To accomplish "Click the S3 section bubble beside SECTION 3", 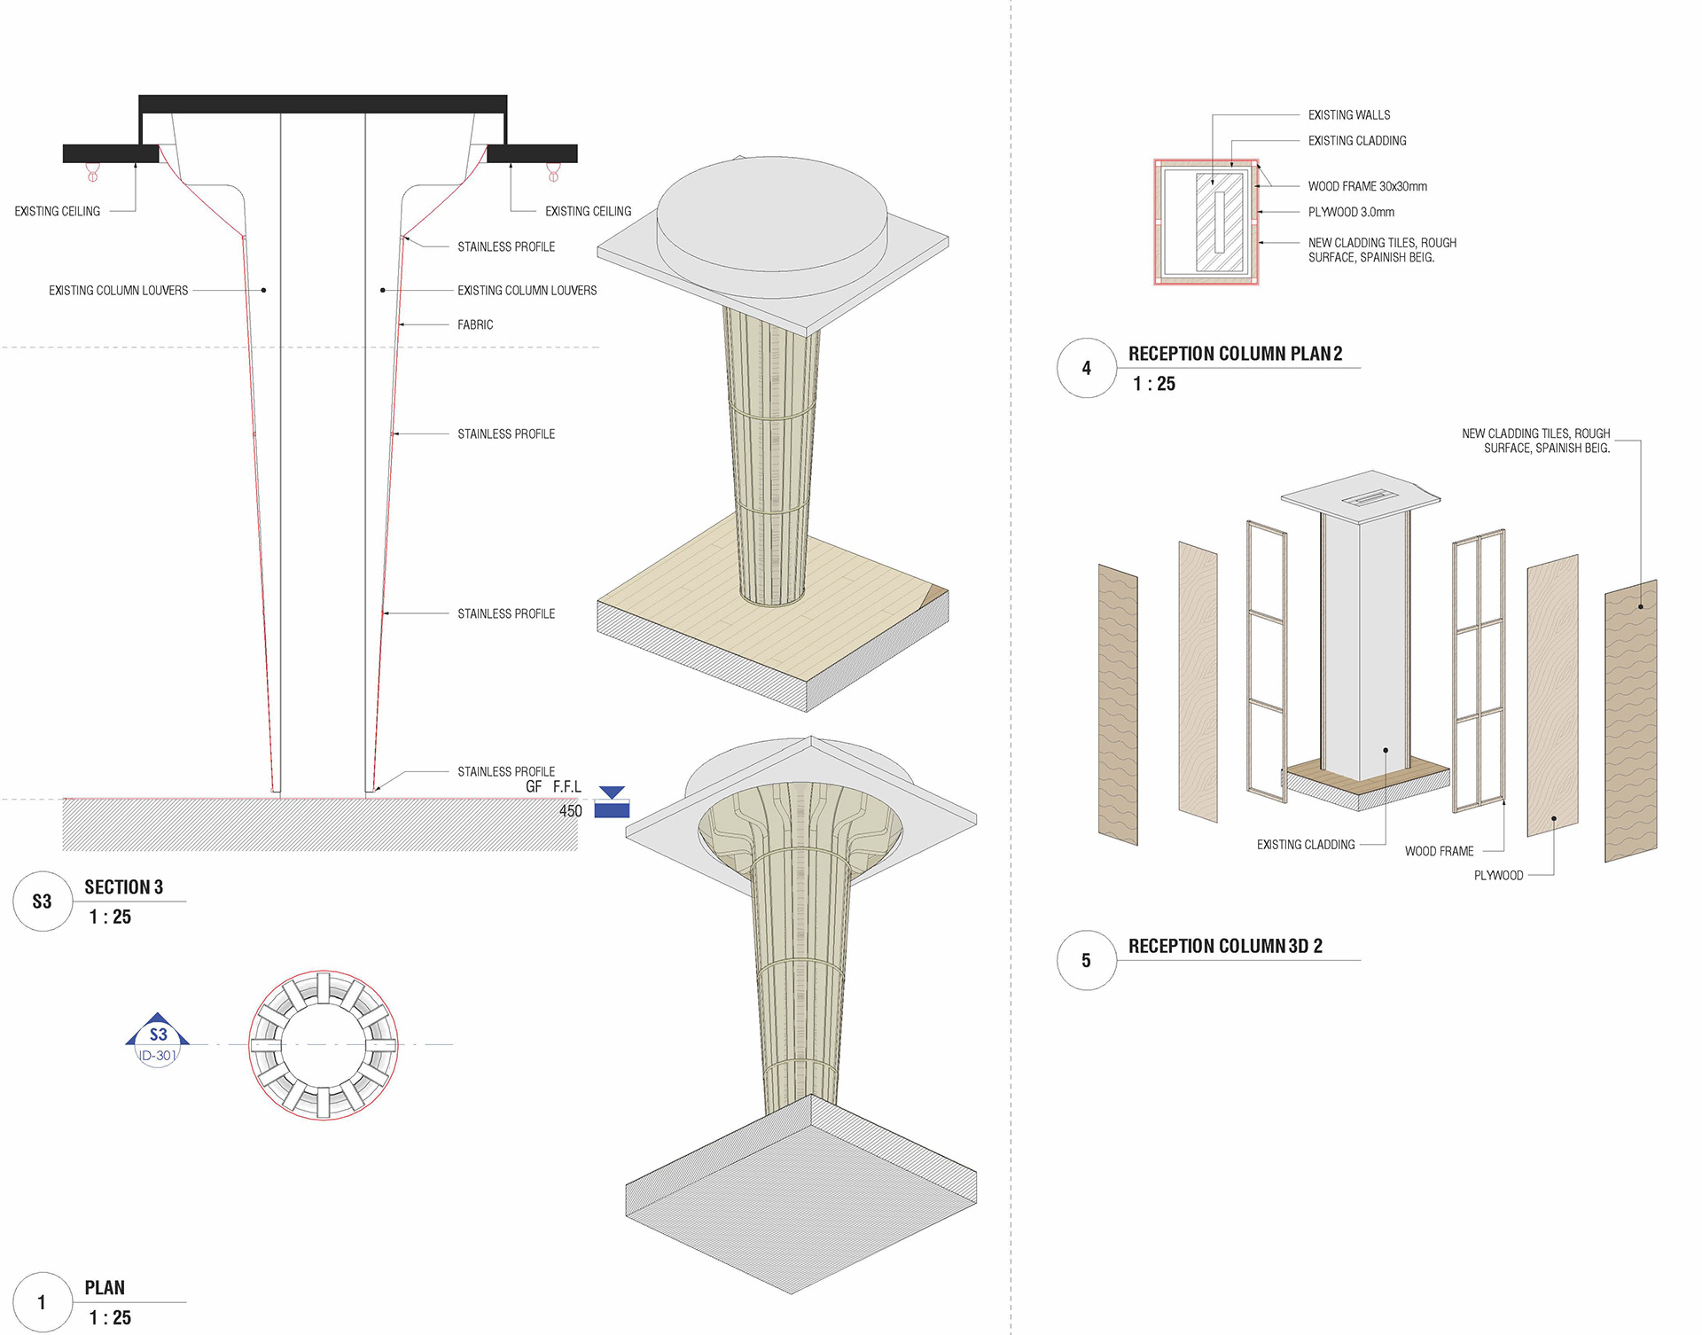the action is coord(43,902).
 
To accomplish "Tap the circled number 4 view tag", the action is coord(1087,368).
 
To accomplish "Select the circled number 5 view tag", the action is coord(1087,960).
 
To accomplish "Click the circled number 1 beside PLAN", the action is coord(43,1302).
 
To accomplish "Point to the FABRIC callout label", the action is coord(475,324).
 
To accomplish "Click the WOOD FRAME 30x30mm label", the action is coord(1368,186).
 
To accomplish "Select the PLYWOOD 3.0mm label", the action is coord(1351,212).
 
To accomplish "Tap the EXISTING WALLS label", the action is coord(1349,115).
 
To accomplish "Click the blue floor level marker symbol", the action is coord(612,801).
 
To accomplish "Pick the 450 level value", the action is coord(571,811).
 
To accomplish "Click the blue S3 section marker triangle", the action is coord(158,1029).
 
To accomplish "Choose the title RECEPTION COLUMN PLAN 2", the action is coord(1236,354).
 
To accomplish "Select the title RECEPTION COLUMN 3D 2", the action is coord(1225,946).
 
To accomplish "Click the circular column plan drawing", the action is coord(324,1045).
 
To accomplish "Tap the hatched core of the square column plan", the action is coord(1220,222).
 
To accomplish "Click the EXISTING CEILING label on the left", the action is coord(58,211).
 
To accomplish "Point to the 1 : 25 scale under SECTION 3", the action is coord(110,917).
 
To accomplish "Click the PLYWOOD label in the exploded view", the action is coord(1498,876).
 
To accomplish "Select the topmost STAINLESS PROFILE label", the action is coord(506,246).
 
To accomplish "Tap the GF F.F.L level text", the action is coord(553,787).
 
